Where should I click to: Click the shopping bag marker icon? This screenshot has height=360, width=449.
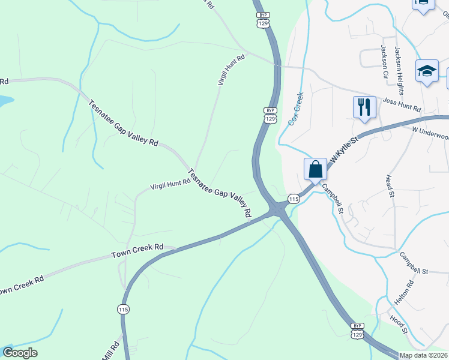(x=316, y=169)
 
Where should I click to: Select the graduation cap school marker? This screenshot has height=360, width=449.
(x=427, y=71)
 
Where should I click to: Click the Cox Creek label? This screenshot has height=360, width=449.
(x=296, y=109)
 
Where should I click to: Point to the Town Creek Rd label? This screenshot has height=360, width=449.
(x=137, y=251)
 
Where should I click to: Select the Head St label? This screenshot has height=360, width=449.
(x=390, y=187)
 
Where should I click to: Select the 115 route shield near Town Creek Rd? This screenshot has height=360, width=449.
(x=123, y=309)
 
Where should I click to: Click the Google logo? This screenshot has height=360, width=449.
(x=20, y=353)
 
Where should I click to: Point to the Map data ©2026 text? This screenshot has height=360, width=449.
(x=424, y=355)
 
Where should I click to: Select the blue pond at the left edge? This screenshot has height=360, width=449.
(x=4, y=101)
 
